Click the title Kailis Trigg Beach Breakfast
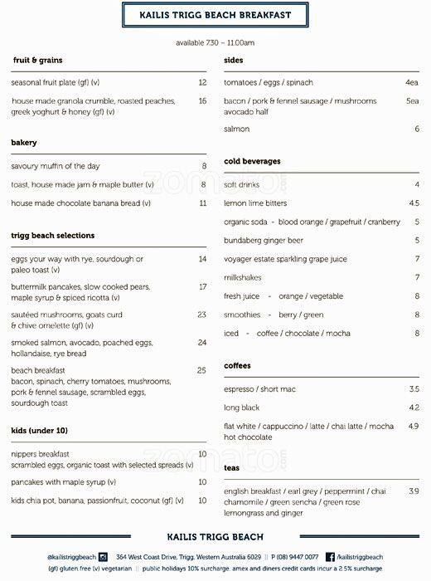[x=215, y=15]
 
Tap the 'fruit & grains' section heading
[x=38, y=61]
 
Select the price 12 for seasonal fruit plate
[x=202, y=83]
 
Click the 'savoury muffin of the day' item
[x=56, y=166]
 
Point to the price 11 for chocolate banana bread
[x=202, y=203]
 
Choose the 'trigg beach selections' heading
[x=53, y=236]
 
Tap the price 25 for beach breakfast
[x=201, y=370]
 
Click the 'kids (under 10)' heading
[x=40, y=431]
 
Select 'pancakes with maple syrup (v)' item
[x=64, y=482]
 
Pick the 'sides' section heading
[x=234, y=61]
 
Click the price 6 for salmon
[x=417, y=129]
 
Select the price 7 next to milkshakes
[x=417, y=277]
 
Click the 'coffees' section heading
[x=237, y=366]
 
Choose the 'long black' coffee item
[x=242, y=408]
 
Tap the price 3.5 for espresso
[x=414, y=389]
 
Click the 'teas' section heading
[x=232, y=468]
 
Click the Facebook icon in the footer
[x=330, y=557]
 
